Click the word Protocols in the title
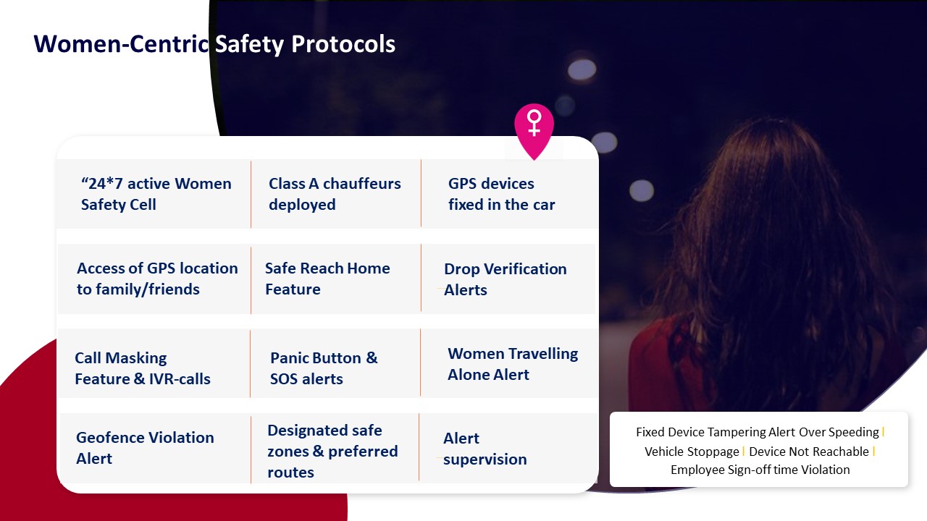tap(343, 44)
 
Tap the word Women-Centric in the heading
tap(121, 44)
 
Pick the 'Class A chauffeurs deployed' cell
tap(335, 194)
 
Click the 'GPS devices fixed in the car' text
tap(502, 194)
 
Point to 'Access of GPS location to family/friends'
tap(157, 279)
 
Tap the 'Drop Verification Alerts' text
tap(506, 279)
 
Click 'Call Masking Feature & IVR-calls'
tap(143, 368)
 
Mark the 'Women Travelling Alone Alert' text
tap(513, 364)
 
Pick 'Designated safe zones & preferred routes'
tap(332, 451)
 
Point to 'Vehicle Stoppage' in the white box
tap(692, 452)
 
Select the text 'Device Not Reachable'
tap(809, 452)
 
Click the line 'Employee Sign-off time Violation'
tap(760, 470)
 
